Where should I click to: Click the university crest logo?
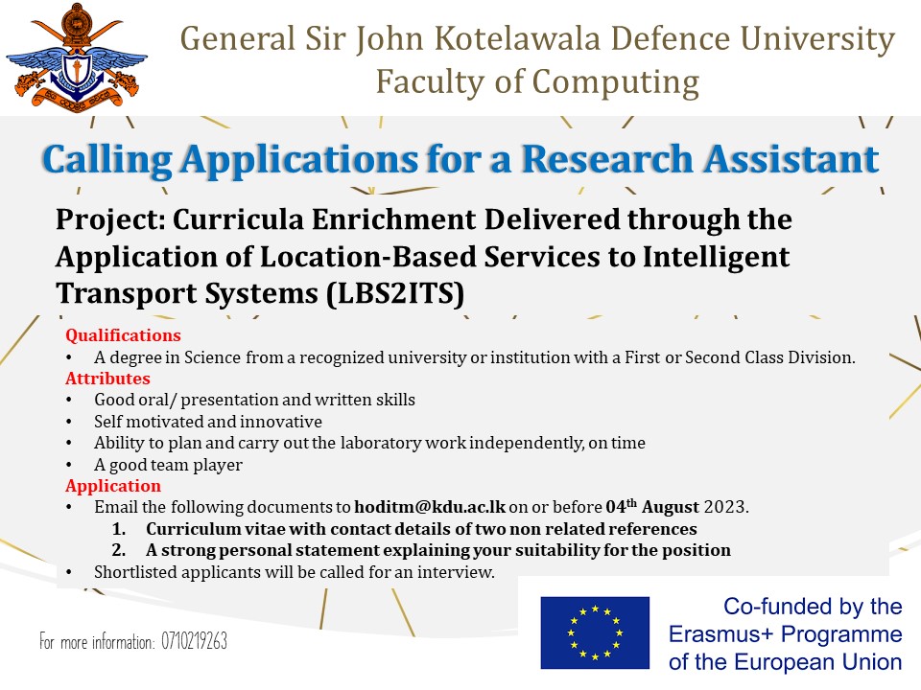(77, 57)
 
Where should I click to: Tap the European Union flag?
(595, 632)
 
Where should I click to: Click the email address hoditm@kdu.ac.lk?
(430, 506)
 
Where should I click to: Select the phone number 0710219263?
(194, 641)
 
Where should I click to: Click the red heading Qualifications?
(124, 335)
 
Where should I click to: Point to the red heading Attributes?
(107, 379)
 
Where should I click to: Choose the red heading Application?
(113, 486)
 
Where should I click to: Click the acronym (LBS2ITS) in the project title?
(395, 293)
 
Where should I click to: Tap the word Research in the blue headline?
(607, 159)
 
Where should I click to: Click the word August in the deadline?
(671, 507)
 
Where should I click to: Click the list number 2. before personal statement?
(119, 550)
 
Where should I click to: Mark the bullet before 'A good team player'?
(69, 465)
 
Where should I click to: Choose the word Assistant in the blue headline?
(791, 159)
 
